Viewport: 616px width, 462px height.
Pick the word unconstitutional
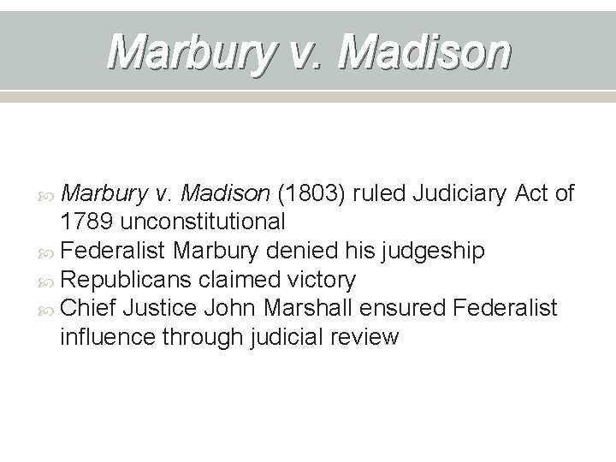click(204, 222)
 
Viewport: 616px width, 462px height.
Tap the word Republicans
click(131, 280)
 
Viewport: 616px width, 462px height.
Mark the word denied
click(329, 251)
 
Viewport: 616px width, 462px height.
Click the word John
click(235, 308)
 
